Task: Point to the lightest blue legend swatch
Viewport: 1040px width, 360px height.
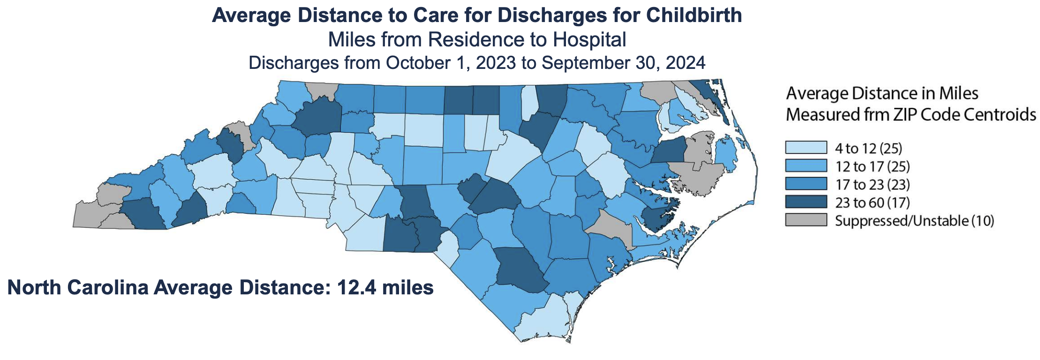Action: pos(806,148)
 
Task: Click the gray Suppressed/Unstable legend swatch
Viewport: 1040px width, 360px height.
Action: pos(806,220)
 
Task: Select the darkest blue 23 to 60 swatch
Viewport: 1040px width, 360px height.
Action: pos(806,202)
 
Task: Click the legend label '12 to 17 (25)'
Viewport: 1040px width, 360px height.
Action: pos(872,166)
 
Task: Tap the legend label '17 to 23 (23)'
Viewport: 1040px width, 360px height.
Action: pos(872,184)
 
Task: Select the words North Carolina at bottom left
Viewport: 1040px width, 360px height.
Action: pos(78,287)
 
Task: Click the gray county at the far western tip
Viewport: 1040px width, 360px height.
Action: pos(87,216)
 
